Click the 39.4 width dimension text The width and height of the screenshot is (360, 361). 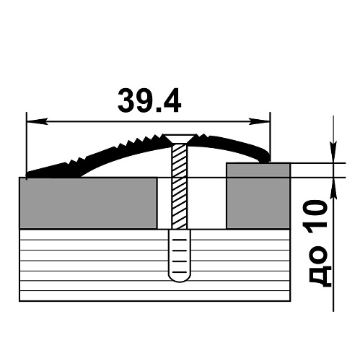149,100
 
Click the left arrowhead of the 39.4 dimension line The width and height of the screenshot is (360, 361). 37,121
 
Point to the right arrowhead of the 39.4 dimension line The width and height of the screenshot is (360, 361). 259,121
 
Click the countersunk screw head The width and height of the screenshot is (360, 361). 179,139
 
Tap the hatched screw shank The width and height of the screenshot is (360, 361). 180,186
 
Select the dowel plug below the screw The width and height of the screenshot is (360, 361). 180,256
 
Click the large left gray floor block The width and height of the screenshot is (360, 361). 88,203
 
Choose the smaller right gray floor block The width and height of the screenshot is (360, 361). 258,196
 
